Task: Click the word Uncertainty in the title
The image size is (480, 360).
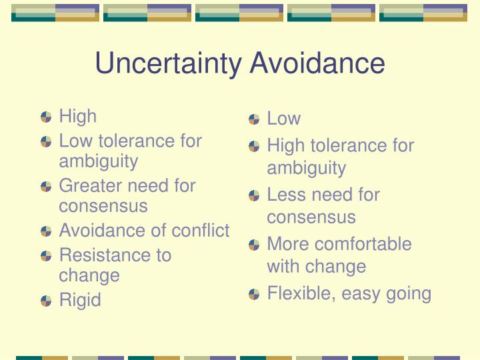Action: click(169, 64)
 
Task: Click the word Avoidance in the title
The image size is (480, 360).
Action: click(317, 64)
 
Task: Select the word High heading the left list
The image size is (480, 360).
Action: click(77, 116)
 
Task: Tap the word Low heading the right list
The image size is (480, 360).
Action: click(283, 119)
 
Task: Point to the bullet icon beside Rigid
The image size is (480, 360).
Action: click(46, 301)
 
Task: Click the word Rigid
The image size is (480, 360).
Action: click(80, 300)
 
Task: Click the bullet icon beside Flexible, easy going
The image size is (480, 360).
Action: click(254, 294)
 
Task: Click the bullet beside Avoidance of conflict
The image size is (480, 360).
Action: click(46, 231)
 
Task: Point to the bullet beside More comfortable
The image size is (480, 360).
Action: click(254, 245)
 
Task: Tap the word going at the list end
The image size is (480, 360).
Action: click(409, 293)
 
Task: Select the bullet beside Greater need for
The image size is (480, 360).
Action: click(46, 186)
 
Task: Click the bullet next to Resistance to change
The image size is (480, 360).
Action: click(46, 256)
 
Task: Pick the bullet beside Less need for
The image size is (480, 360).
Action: click(254, 195)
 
